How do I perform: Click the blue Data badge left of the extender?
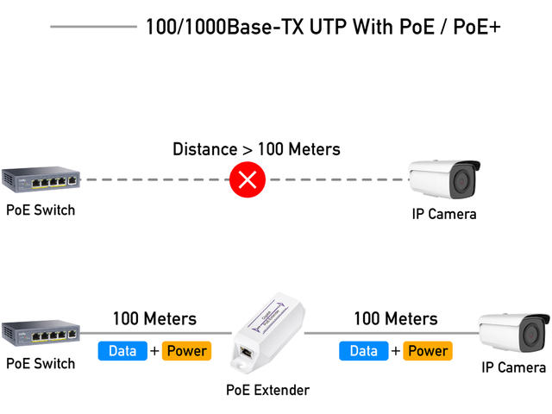pos(122,351)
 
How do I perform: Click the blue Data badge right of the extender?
pos(364,351)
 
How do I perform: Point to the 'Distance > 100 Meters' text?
pos(256,149)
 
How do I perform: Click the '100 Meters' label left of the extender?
pos(154,319)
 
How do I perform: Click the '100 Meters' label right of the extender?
pos(396,319)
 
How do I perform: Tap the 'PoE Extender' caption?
pos(267,390)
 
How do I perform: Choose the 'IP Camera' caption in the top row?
pos(443,213)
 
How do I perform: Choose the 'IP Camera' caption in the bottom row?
pos(513,367)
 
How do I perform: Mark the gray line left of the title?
pos(93,27)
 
